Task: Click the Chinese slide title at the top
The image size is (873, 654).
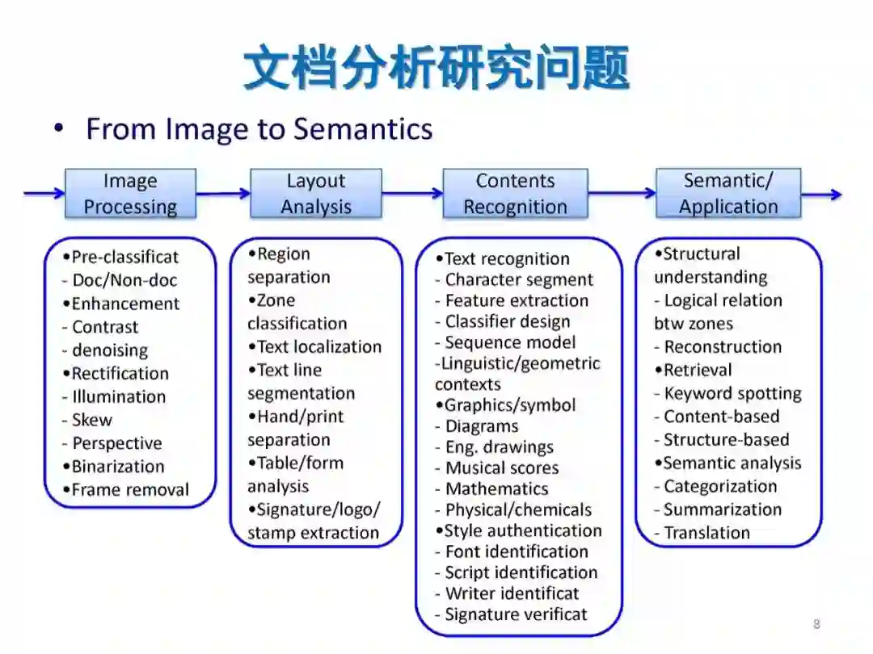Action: pos(436,69)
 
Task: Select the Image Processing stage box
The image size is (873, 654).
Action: pos(130,194)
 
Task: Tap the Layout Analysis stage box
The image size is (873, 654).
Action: pos(315,194)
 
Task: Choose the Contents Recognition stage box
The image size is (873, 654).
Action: pos(515,194)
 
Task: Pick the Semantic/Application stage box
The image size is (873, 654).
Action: pos(727,194)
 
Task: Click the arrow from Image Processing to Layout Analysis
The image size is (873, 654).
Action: pos(223,194)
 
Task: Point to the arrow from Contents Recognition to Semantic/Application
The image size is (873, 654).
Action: pos(622,194)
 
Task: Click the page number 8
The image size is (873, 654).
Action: pos(816,623)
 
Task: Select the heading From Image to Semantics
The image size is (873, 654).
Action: pos(259,129)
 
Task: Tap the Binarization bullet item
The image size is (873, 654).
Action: pos(117,467)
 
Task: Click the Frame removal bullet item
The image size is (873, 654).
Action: pos(129,490)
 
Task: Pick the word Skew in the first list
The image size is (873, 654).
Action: pos(91,420)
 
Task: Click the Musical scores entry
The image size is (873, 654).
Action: pos(501,468)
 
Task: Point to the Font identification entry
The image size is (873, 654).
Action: pos(516,552)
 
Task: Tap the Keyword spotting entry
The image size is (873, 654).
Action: pos(732,394)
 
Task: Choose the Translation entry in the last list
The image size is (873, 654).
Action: pos(706,533)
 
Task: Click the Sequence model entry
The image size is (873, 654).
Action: pos(509,342)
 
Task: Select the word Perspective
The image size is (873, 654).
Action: pos(116,443)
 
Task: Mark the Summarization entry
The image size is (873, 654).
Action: pos(722,509)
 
